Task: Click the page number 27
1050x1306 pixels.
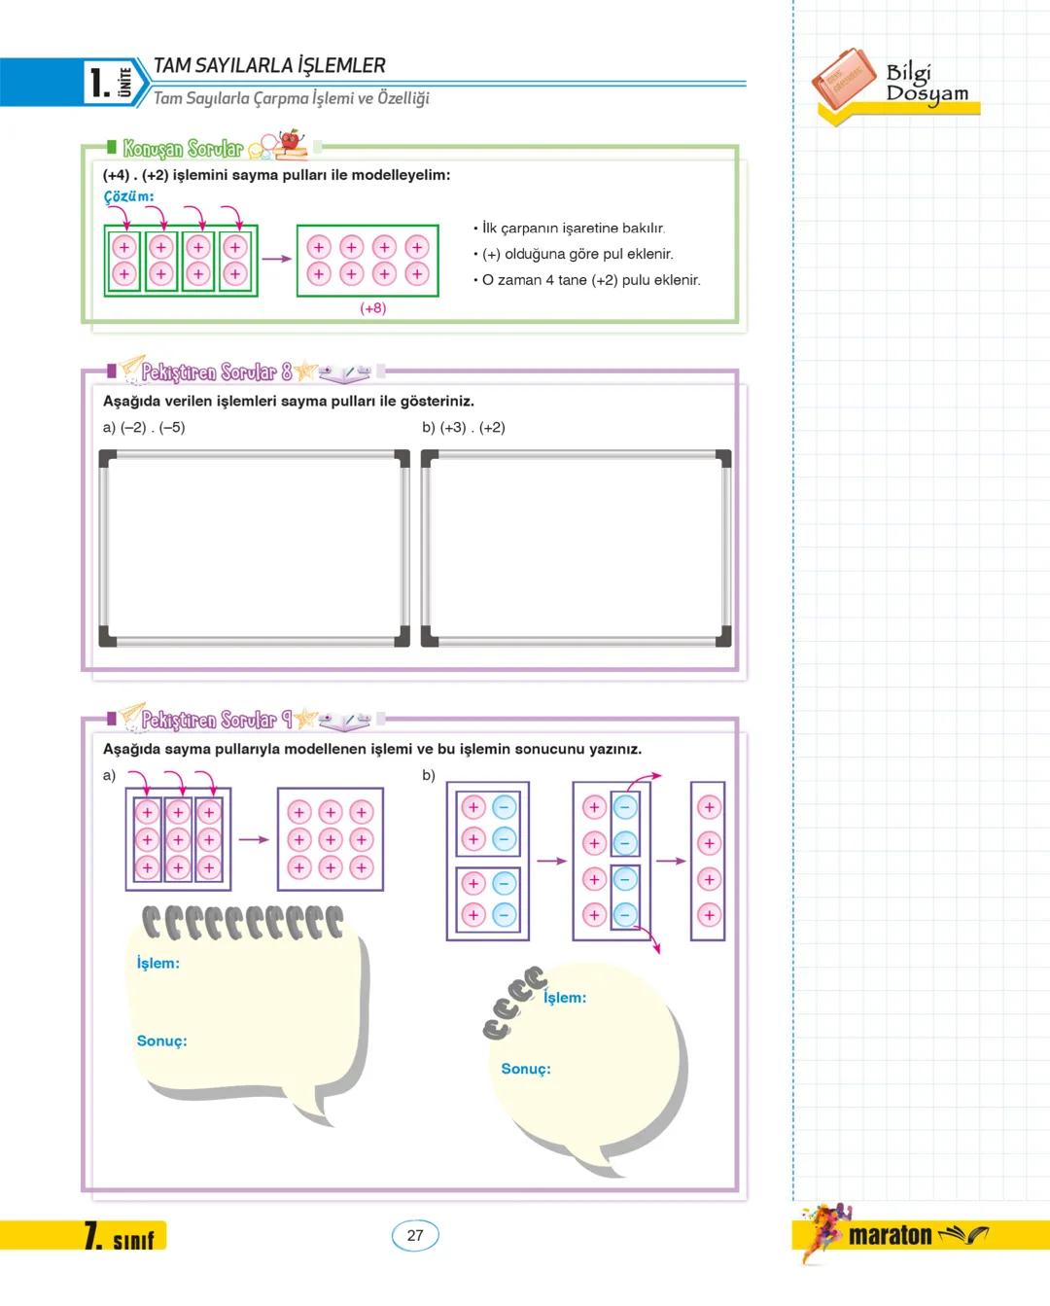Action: (x=415, y=1235)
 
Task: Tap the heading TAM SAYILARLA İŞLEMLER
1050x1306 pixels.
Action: (x=269, y=66)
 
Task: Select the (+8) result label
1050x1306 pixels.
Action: (x=372, y=308)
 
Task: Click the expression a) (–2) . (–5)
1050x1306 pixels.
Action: (x=144, y=427)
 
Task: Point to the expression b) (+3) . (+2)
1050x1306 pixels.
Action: (x=464, y=427)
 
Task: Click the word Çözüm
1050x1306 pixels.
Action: (x=128, y=196)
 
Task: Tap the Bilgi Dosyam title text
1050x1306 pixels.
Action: (x=926, y=84)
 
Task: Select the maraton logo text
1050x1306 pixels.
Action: (x=890, y=1235)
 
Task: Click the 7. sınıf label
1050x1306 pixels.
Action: (x=124, y=1237)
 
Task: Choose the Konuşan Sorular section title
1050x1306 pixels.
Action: (x=183, y=149)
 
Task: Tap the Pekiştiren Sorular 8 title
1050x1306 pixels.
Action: (x=216, y=371)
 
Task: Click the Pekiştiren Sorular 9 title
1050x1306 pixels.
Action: (x=216, y=720)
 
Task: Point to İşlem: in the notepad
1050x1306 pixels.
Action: (x=157, y=963)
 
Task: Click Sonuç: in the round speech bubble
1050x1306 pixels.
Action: (x=525, y=1069)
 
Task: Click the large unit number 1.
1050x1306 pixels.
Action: (x=97, y=83)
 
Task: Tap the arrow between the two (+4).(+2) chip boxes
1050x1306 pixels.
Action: (x=277, y=259)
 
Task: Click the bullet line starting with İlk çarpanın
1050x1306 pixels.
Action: (x=574, y=229)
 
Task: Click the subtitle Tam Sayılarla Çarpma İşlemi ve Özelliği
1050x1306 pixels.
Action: (x=292, y=98)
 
